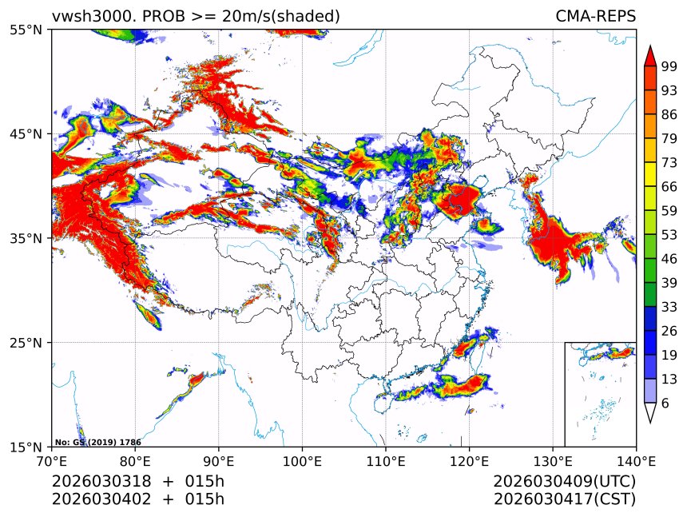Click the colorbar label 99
pyautogui.click(x=669, y=67)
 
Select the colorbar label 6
pyautogui.click(x=665, y=404)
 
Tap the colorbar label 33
pyautogui.click(x=669, y=307)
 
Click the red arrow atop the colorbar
pyautogui.click(x=650, y=55)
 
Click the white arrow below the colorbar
pyautogui.click(x=650, y=413)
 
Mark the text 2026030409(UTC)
pyautogui.click(x=564, y=482)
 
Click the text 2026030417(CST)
pyautogui.click(x=564, y=499)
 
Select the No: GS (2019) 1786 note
pyautogui.click(x=85, y=442)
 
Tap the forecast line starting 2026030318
pyautogui.click(x=137, y=482)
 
